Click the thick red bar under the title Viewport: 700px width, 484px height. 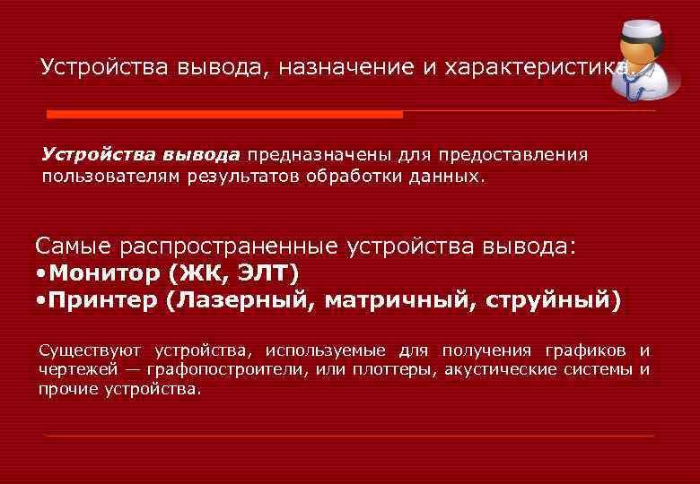[x=224, y=115]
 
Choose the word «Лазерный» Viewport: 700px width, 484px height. [x=244, y=299]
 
